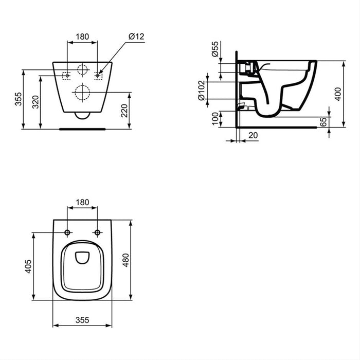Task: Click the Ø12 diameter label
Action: point(136,37)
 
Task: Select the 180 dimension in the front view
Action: point(83,37)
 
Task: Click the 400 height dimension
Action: point(338,94)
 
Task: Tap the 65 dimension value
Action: point(338,122)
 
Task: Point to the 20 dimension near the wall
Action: point(253,135)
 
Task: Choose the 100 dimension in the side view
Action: point(214,119)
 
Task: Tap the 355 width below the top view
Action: point(82,319)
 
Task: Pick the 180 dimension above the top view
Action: point(83,202)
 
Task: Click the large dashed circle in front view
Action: point(82,93)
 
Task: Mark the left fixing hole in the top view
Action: point(68,233)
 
